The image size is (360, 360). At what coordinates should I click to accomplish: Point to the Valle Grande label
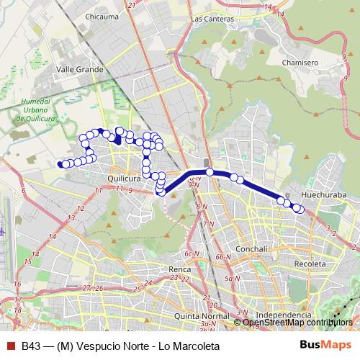pyautogui.click(x=80, y=70)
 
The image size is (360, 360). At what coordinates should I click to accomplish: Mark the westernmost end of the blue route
pyautogui.click(x=59, y=164)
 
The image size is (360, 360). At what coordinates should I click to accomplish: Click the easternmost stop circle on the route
pyautogui.click(x=300, y=210)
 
